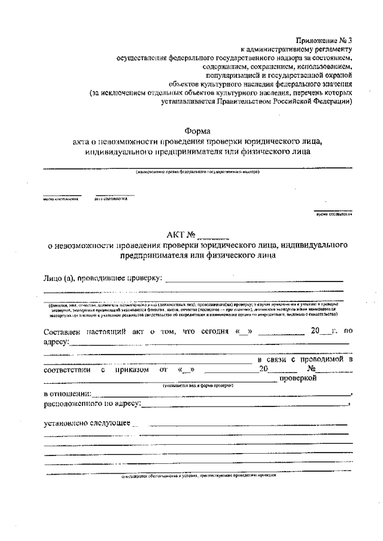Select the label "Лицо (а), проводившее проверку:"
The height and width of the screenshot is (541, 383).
[x=102, y=278]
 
